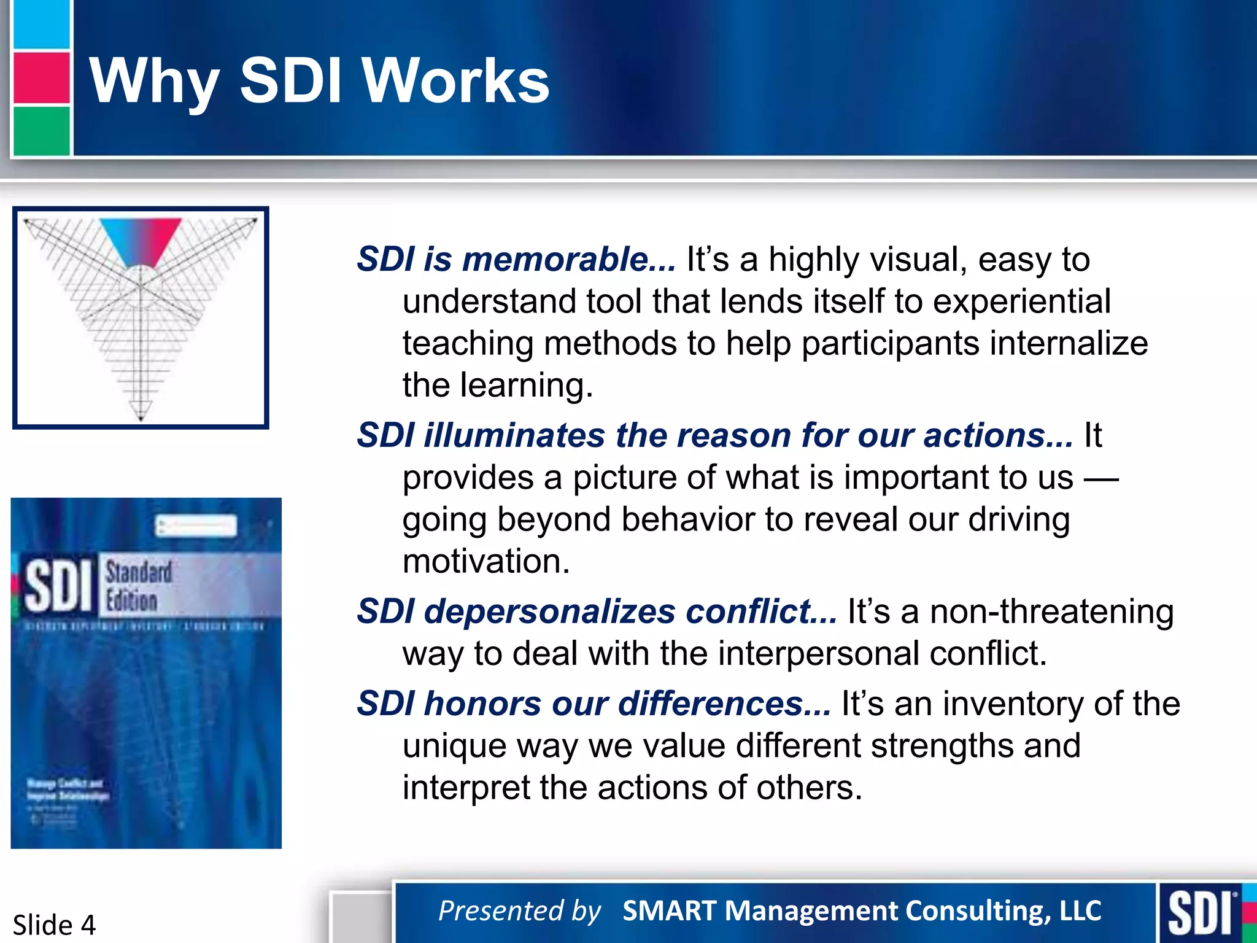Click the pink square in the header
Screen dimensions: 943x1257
[x=41, y=78]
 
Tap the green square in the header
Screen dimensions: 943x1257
[x=41, y=131]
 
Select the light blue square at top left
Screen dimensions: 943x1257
[x=41, y=25]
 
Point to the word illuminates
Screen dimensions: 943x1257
[x=514, y=435]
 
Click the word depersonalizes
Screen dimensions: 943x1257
[x=549, y=611]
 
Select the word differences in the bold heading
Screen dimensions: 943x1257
[x=724, y=704]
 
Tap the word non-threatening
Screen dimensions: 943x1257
[x=1051, y=611]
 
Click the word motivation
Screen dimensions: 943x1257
[x=486, y=561]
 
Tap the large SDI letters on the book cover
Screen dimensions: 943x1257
[x=58, y=587]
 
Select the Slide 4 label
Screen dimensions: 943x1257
[x=54, y=925]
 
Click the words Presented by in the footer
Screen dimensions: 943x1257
[x=519, y=910]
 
